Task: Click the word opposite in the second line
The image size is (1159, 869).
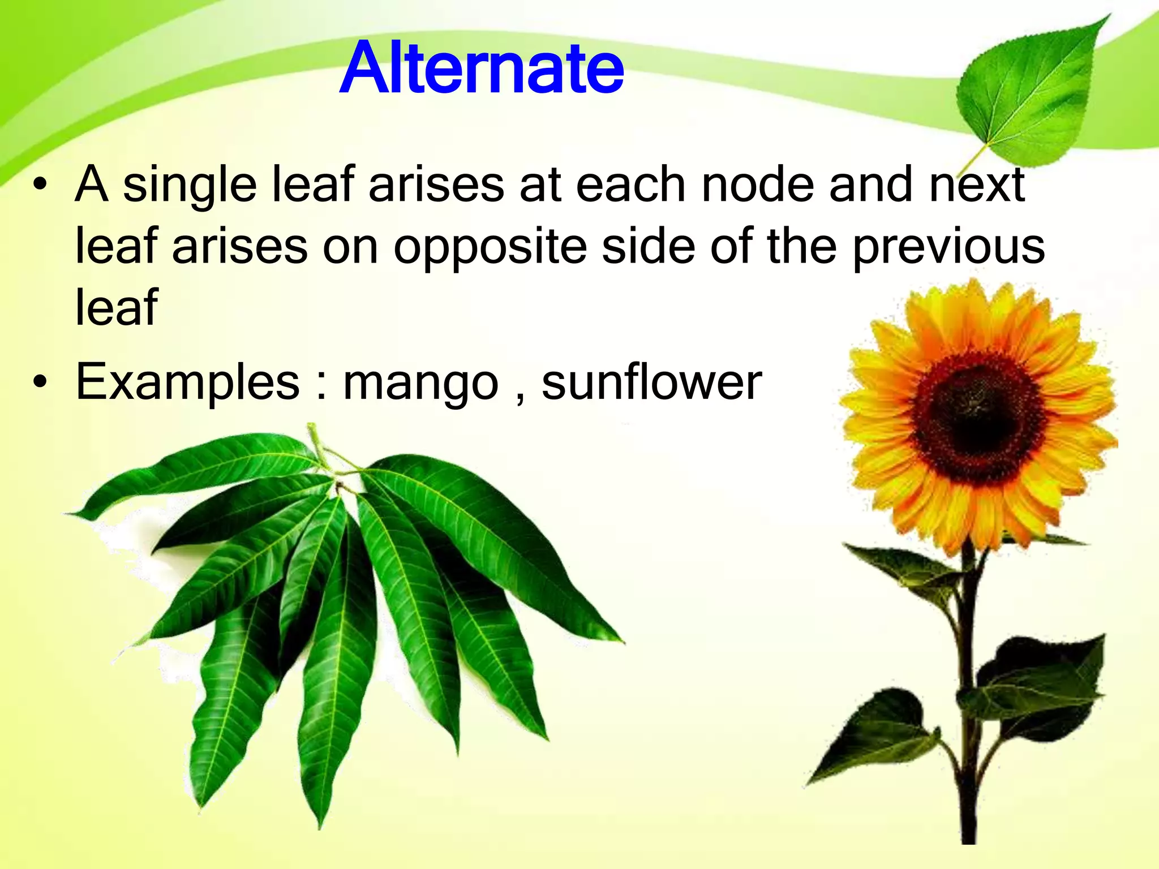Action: pos(490,247)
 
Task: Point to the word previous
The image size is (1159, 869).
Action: pos(949,247)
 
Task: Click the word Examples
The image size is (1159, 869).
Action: pos(187,382)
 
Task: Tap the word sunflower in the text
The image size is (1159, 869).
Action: pos(651,382)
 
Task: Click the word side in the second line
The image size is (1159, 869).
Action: pos(648,247)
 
